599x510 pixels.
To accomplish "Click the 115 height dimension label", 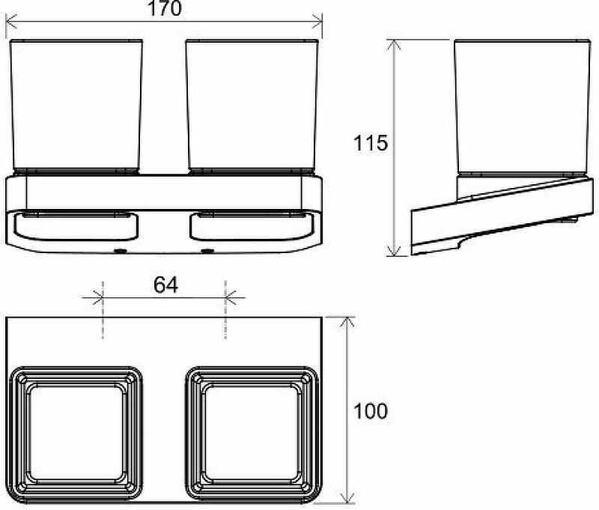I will (x=371, y=143).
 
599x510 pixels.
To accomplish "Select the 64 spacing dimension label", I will (x=165, y=285).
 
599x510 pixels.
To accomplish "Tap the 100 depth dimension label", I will (x=371, y=410).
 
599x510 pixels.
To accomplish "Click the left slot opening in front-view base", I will (x=75, y=225).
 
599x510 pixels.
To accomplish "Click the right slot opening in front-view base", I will (x=252, y=225).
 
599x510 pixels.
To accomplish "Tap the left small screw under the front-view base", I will (x=118, y=250).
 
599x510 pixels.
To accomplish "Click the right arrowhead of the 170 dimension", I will (x=317, y=22).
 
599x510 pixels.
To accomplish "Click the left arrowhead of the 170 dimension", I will (x=10, y=22).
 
